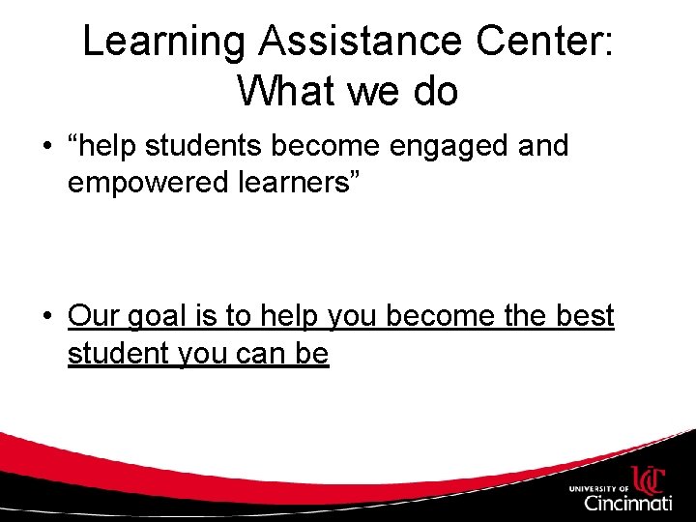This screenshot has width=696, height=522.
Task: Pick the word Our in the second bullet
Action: pyautogui.click(x=93, y=316)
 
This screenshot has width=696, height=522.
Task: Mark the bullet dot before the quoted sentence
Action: pyautogui.click(x=46, y=148)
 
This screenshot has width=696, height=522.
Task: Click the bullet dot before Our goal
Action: pyautogui.click(x=46, y=317)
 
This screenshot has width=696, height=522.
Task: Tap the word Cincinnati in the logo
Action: pyautogui.click(x=627, y=504)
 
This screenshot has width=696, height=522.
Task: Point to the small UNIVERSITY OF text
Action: pyautogui.click(x=599, y=488)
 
